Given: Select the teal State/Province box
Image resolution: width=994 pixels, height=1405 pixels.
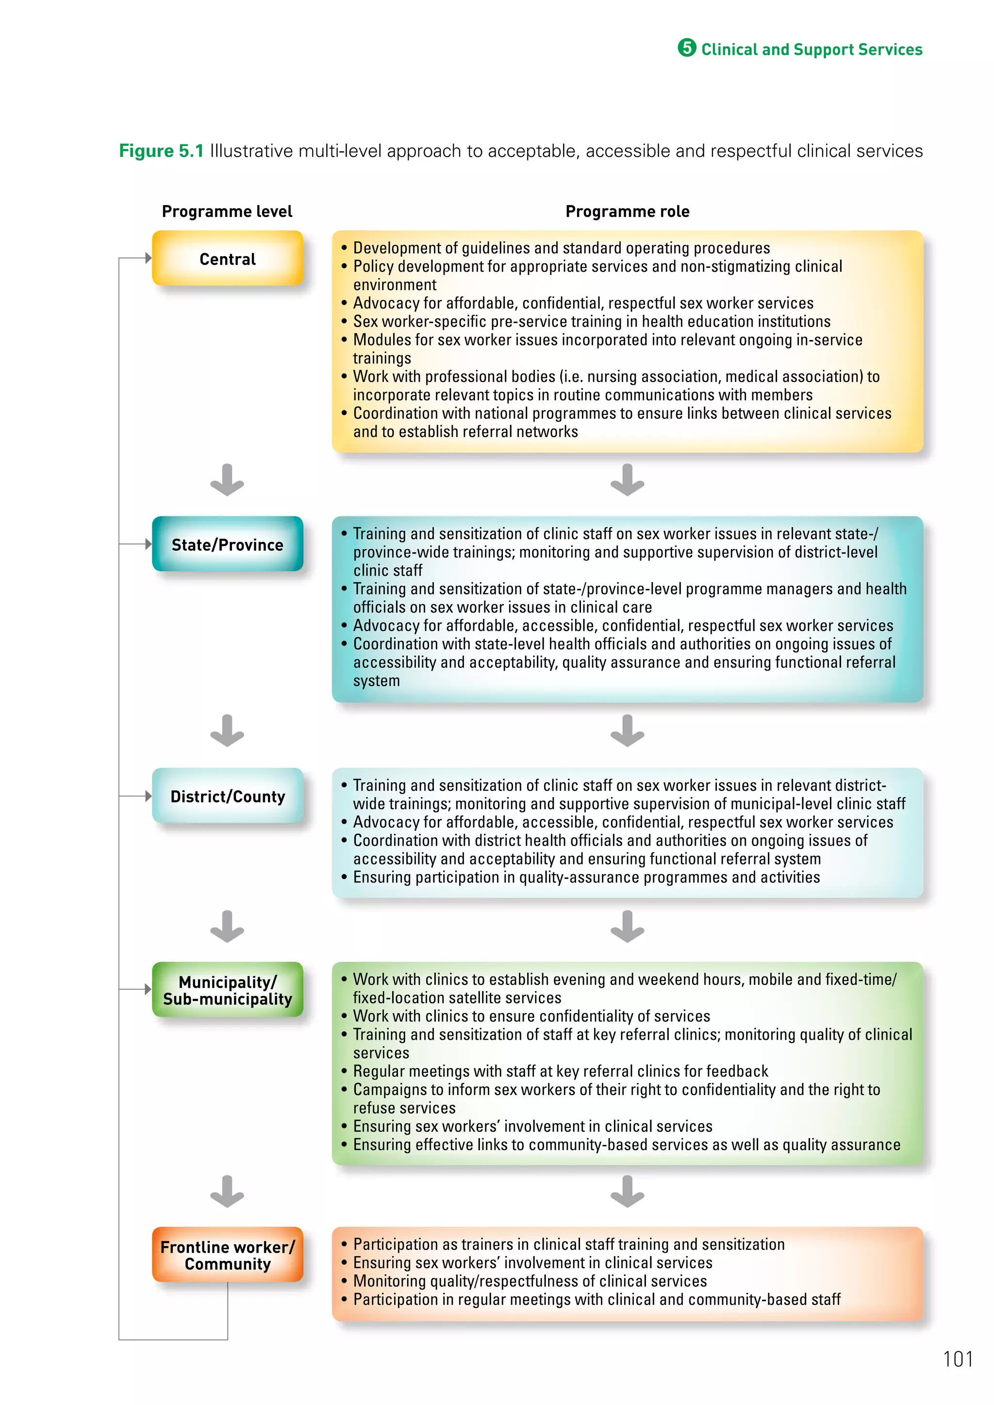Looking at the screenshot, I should click(x=227, y=544).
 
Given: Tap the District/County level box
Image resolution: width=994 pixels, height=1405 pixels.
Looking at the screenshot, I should click(x=227, y=796).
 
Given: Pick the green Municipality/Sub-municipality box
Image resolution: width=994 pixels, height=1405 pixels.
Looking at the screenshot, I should click(x=227, y=990).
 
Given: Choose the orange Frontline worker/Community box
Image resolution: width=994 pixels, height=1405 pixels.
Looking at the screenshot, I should click(x=227, y=1255).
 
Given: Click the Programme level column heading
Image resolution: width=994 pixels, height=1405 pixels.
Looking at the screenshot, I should click(x=227, y=211).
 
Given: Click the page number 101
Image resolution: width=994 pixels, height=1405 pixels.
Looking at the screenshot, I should click(x=957, y=1359).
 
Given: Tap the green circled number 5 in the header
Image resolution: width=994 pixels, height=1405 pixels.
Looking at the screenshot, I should click(x=687, y=48).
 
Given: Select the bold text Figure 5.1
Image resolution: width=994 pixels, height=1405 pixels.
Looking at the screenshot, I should click(x=161, y=150).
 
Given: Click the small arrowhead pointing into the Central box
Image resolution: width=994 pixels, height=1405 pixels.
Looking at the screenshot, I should click(x=148, y=258).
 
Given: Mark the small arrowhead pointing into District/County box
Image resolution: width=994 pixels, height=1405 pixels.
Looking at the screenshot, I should click(x=148, y=796).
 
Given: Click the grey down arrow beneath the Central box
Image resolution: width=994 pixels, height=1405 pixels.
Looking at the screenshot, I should click(x=227, y=480).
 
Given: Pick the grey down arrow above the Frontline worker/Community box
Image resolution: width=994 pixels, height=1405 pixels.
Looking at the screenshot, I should click(x=227, y=1192).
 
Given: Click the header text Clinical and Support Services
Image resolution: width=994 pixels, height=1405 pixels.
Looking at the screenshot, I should click(x=811, y=49).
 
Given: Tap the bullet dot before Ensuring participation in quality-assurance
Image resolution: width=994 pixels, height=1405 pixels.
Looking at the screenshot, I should click(x=344, y=877).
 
